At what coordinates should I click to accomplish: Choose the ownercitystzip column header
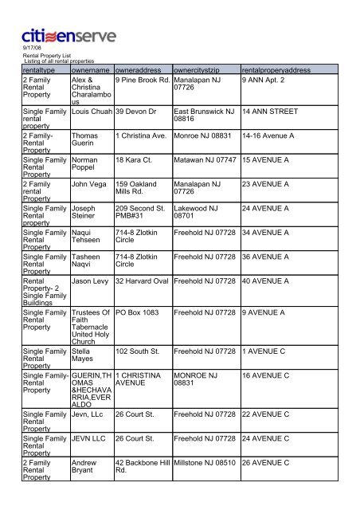(x=202, y=69)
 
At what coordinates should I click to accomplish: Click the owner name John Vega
(x=89, y=183)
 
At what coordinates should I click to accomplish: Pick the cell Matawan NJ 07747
(x=205, y=160)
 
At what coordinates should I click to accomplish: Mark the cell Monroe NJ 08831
(x=204, y=135)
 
